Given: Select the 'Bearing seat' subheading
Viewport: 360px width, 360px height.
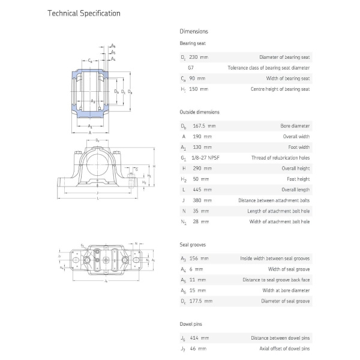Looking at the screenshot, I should click(x=192, y=43).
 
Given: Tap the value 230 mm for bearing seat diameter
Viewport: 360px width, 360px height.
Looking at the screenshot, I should click(x=200, y=57).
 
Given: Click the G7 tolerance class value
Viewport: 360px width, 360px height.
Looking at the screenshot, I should click(x=191, y=68).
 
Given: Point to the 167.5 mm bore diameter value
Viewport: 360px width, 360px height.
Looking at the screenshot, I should click(x=204, y=126).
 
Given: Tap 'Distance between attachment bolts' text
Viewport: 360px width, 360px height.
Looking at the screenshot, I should click(x=274, y=200).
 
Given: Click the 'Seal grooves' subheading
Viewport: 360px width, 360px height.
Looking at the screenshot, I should click(x=193, y=245).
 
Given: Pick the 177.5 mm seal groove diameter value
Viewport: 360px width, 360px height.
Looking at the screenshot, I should click(x=204, y=301).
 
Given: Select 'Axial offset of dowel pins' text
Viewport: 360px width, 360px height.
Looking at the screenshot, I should click(x=281, y=349).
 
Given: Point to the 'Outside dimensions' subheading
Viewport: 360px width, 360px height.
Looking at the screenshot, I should click(x=199, y=112).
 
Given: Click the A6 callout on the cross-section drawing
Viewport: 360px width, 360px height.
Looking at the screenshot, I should click(x=113, y=46).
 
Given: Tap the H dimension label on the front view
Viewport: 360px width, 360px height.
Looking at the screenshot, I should click(x=154, y=166).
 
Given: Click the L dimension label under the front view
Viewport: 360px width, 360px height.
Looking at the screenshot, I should click(x=97, y=200).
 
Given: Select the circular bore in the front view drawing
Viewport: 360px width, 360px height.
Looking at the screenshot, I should click(x=97, y=162).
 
